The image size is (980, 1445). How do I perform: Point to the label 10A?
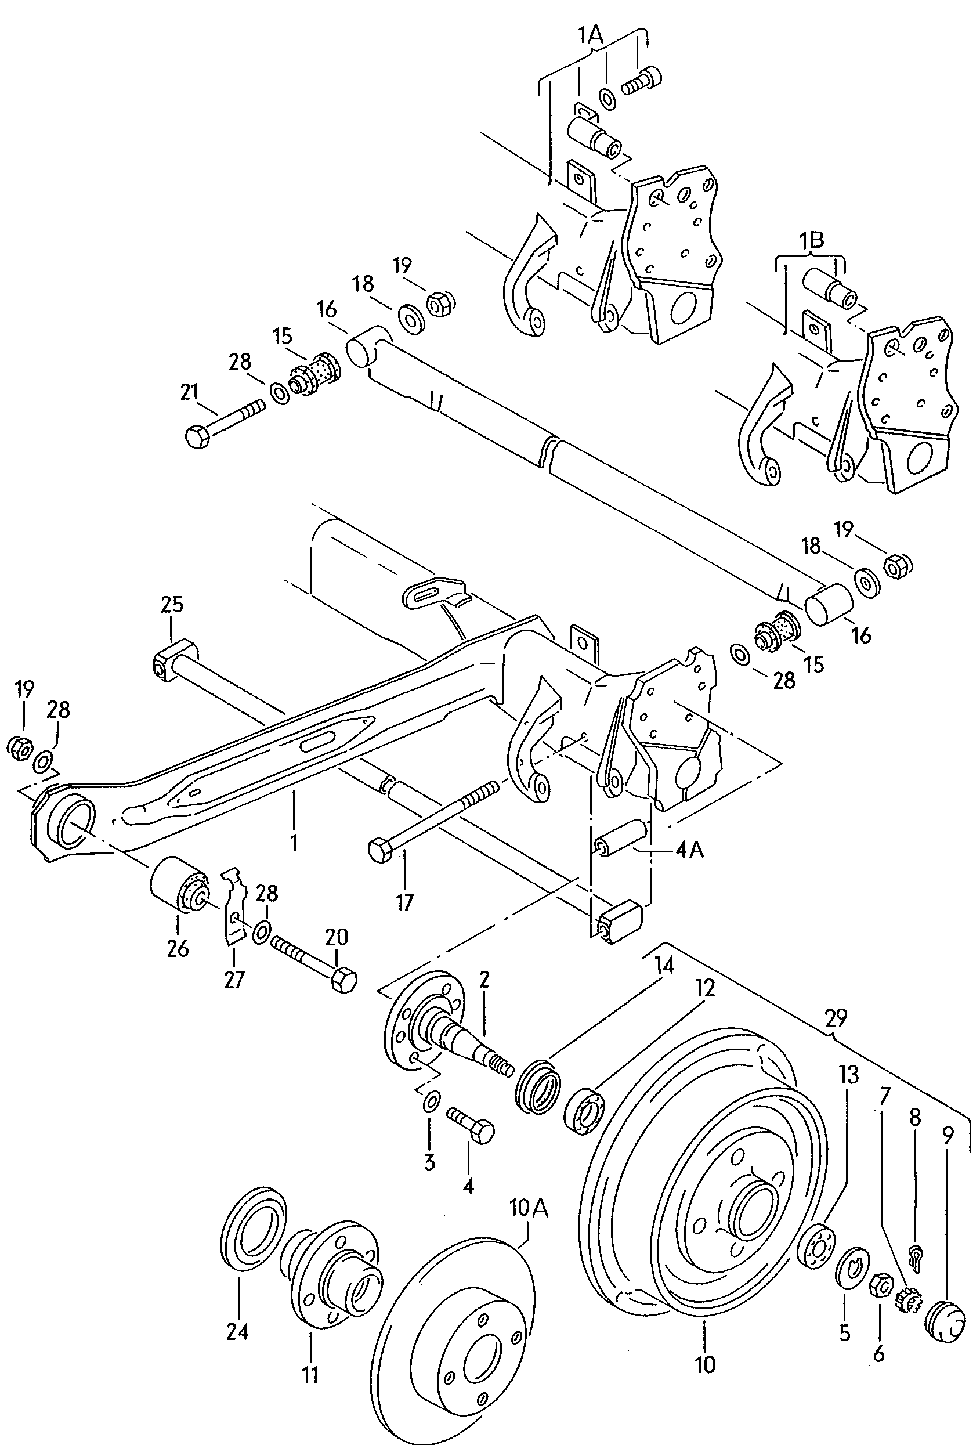pos(529,1208)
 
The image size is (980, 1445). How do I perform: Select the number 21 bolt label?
pos(189,392)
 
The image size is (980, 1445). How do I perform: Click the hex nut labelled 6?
pos(878,1285)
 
